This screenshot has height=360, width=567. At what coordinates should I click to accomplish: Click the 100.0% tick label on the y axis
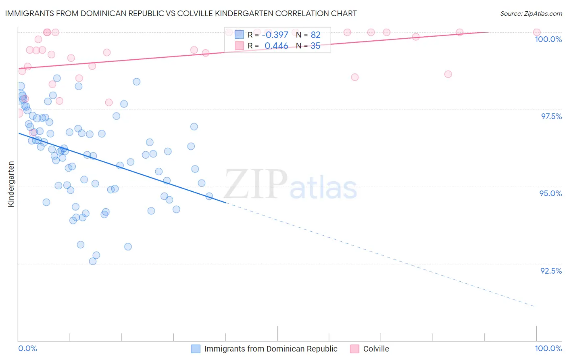548,39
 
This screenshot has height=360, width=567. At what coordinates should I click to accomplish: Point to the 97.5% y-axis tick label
551,116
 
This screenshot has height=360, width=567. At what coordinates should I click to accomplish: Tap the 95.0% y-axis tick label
550,193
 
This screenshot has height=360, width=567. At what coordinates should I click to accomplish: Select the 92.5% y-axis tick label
551,271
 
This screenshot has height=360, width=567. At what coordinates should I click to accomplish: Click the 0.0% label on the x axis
27,348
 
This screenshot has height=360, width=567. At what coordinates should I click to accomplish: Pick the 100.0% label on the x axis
548,348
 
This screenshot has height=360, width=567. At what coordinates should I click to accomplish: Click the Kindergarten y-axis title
11,184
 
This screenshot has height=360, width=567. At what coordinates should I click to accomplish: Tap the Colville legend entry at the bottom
376,349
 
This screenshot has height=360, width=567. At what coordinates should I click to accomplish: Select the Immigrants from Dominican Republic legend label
271,349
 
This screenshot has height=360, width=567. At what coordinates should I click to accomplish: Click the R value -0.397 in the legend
275,35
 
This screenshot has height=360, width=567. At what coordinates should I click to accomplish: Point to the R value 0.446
276,46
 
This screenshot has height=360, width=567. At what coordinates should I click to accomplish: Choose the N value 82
315,35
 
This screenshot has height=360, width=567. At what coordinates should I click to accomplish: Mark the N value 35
315,46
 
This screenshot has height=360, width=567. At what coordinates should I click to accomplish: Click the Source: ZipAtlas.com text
531,13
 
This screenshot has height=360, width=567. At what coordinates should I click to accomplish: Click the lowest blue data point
93,261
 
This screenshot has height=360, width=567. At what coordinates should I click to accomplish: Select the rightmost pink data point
537,32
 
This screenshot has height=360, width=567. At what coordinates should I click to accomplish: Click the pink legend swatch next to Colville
355,349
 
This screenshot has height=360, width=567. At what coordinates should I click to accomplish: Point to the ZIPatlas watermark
290,184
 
